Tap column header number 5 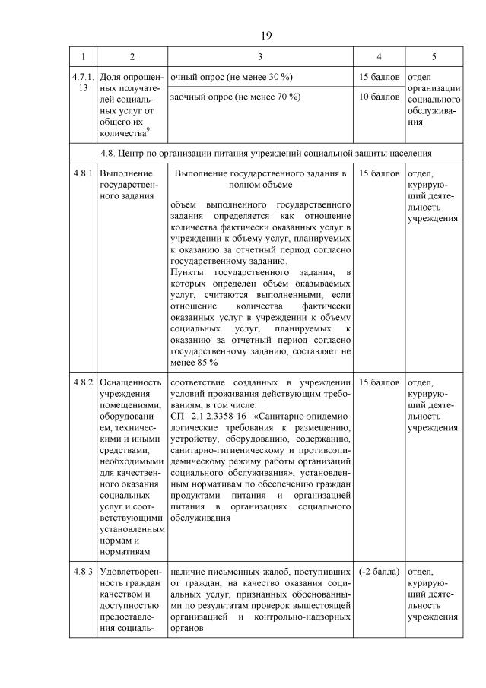coord(434,57)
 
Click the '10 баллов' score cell coord(379,97)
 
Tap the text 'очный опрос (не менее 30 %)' coord(231,78)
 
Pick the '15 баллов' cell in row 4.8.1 coord(379,174)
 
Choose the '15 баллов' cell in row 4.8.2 coord(379,382)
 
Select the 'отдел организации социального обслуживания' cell coord(434,99)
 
